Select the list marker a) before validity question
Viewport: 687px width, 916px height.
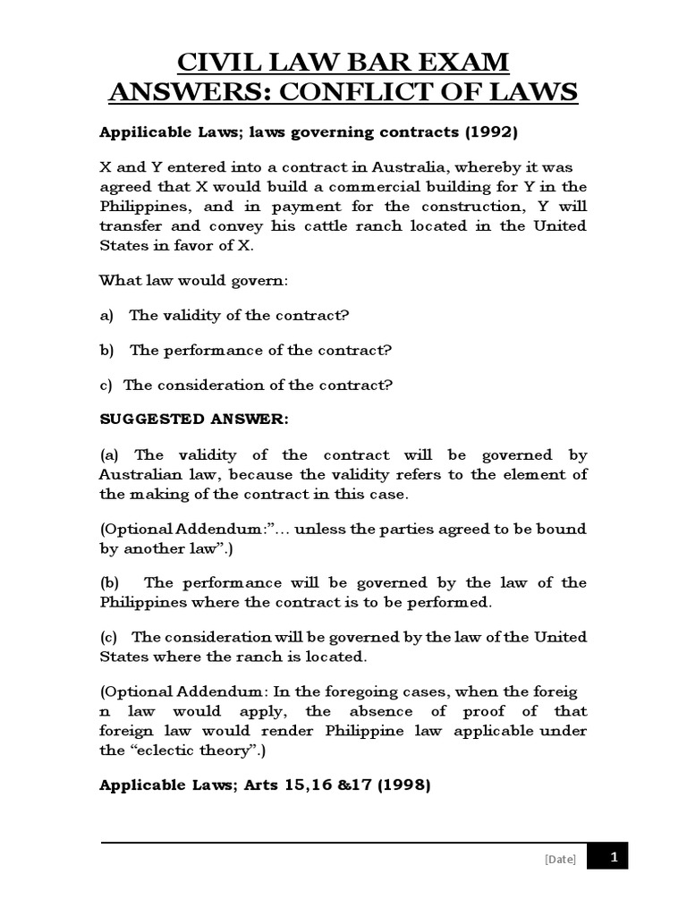point(106,315)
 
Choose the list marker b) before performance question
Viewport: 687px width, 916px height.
point(106,350)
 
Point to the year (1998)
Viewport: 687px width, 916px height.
point(400,786)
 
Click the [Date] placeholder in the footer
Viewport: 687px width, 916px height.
point(560,860)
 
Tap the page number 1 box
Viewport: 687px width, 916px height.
point(613,857)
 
